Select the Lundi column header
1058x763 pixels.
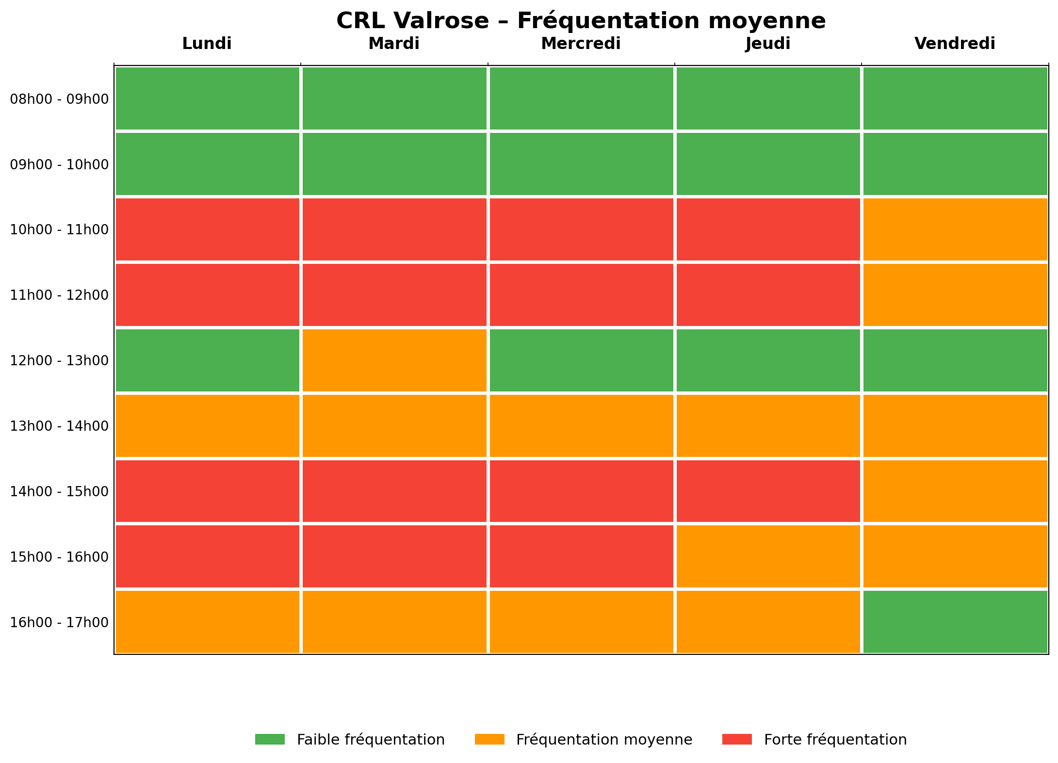coord(207,44)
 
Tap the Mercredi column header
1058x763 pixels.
coord(581,44)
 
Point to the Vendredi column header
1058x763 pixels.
coord(955,44)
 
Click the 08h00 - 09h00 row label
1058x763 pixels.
coord(59,99)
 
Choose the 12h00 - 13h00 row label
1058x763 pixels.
coord(59,360)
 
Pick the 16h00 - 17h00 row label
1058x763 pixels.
coord(59,622)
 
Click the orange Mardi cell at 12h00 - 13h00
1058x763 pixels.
coord(394,360)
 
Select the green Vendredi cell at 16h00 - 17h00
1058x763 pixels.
coord(955,622)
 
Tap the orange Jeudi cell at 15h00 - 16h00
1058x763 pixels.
coord(768,556)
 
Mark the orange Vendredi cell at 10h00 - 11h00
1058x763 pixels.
coord(955,229)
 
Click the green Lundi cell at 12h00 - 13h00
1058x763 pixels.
coord(208,360)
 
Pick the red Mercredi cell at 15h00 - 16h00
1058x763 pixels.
coord(582,556)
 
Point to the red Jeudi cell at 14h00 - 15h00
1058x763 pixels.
coord(768,491)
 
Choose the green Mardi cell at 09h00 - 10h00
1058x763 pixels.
coord(394,164)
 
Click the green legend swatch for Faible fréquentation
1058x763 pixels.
coord(270,739)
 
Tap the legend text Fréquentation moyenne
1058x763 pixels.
coord(604,740)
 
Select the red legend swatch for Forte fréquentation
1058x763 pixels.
coord(737,739)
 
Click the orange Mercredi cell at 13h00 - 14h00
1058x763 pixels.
coord(582,426)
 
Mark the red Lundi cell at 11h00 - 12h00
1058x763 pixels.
coord(208,295)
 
